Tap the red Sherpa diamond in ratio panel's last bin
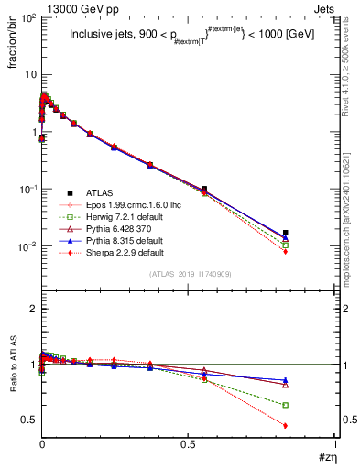point(286,425)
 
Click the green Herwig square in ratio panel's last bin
point(286,405)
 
